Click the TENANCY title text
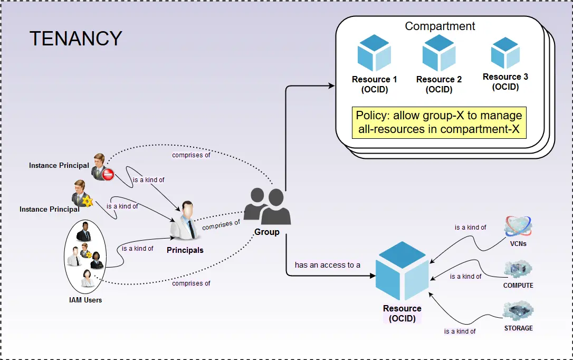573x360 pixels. [75, 39]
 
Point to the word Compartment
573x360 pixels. [440, 26]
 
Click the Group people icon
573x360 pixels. [268, 207]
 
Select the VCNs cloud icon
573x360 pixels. [518, 226]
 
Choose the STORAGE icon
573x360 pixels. [518, 311]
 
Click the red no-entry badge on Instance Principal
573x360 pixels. [108, 175]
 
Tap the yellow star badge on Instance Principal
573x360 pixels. [88, 202]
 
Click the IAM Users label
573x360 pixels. [85, 300]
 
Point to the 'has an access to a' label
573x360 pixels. [328, 265]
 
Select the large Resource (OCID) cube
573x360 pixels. [402, 271]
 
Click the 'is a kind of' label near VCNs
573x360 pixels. [471, 228]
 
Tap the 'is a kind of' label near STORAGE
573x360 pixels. [460, 331]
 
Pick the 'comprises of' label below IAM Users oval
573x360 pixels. [191, 283]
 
